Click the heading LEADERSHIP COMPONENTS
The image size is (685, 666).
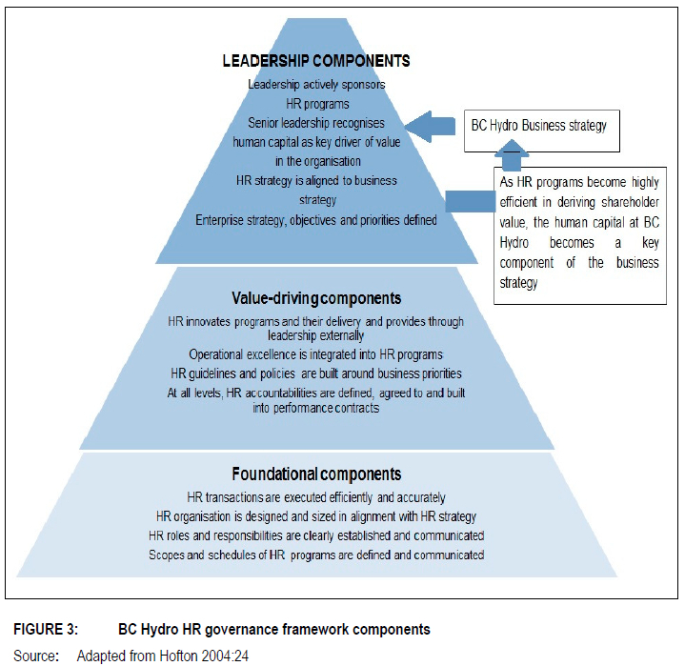click(x=316, y=61)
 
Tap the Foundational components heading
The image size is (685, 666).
click(x=317, y=474)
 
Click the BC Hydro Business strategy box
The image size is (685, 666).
click(x=539, y=125)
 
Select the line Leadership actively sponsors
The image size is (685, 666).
click(x=316, y=84)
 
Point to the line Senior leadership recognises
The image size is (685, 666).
click(x=316, y=123)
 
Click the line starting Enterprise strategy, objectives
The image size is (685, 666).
click(x=316, y=220)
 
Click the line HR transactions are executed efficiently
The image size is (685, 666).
click(x=316, y=497)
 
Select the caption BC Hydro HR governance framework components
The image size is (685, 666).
click(x=274, y=630)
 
